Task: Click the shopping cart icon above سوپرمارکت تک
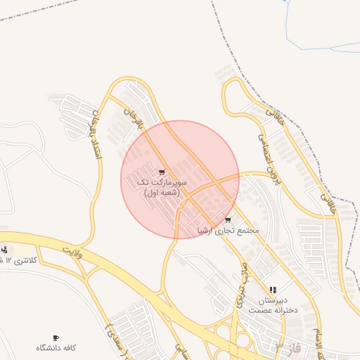pos(162,172)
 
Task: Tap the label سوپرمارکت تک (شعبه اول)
pos(162,187)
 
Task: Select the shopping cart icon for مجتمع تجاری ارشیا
pos(227,220)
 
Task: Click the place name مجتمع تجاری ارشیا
pos(229,230)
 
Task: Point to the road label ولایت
pos(71,251)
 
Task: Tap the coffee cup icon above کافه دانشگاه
pos(56,338)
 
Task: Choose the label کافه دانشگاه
pos(56,348)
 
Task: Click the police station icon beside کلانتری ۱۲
pos(5,250)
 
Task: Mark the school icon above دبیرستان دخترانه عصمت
pos(273,290)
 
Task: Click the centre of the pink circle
pos(180,179)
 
